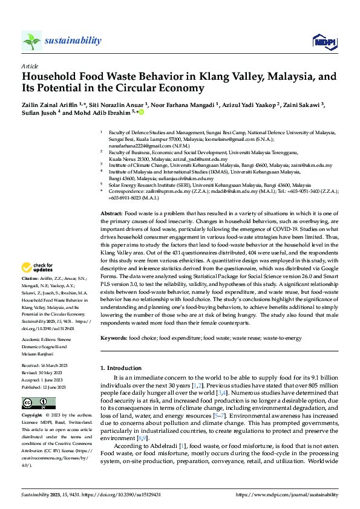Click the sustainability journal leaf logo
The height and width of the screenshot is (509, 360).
[x=31, y=41]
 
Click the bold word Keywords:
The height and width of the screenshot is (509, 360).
[x=113, y=338]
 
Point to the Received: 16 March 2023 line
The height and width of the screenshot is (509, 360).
[x=47, y=366]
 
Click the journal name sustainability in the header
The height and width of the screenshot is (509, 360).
[x=73, y=41]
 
